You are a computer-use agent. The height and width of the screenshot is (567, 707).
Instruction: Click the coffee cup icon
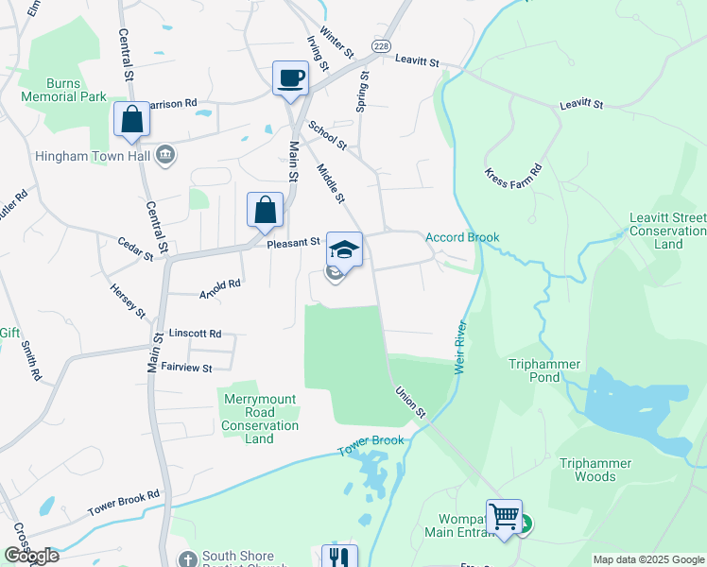[290, 77]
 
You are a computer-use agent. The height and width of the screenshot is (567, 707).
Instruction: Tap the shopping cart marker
[505, 516]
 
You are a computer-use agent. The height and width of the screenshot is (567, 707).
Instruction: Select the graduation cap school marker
[344, 249]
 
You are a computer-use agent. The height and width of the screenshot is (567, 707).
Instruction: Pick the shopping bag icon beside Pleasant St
[266, 210]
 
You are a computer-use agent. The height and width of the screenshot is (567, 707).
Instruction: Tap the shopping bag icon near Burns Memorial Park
[131, 119]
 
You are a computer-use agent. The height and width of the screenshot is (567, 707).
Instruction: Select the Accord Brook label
[461, 237]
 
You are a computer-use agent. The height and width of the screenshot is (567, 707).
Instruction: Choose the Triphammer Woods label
[601, 470]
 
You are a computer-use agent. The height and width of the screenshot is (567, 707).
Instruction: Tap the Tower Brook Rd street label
[124, 503]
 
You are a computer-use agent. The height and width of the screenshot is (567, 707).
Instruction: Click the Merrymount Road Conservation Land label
[260, 419]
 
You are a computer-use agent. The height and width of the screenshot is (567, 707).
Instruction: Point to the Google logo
[30, 556]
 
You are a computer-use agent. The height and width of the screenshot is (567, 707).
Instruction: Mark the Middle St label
[331, 183]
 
